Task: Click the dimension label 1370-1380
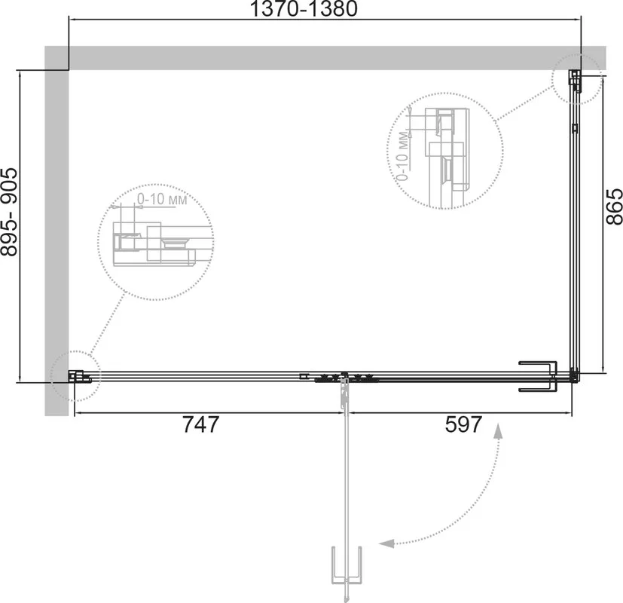coord(304,9)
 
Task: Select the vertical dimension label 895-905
coord(10,212)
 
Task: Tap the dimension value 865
coord(614,207)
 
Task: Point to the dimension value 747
coord(200,424)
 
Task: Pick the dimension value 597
coord(463,424)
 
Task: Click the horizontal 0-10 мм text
coord(162,199)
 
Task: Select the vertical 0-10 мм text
coord(402,155)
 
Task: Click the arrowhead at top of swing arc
coord(498,431)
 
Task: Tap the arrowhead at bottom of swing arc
coord(386,543)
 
